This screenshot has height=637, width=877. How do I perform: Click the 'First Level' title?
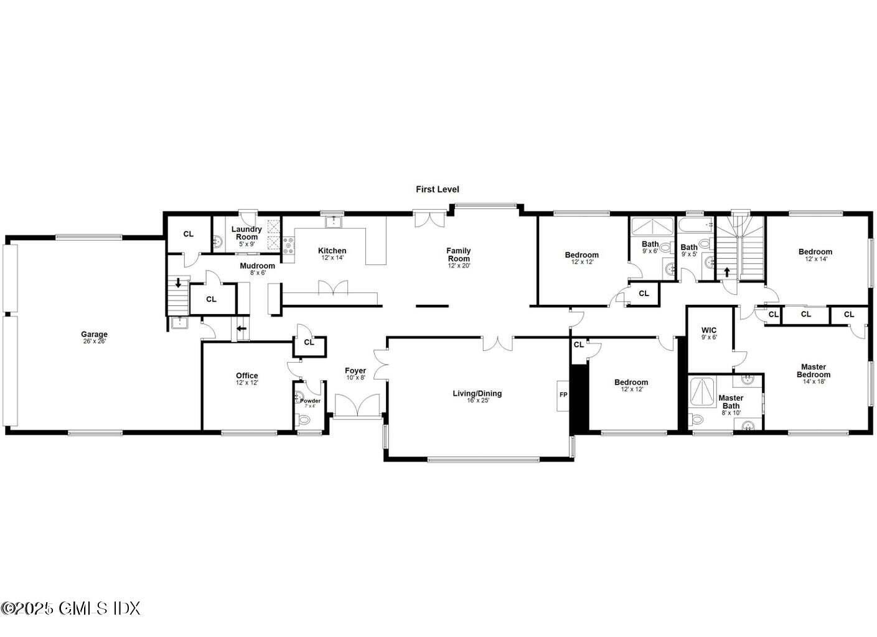(x=438, y=189)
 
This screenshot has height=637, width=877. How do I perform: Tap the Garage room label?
(x=94, y=335)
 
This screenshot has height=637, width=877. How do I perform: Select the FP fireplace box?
(x=563, y=395)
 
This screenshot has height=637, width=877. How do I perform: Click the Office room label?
(x=246, y=376)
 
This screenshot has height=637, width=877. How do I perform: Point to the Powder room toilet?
(x=304, y=420)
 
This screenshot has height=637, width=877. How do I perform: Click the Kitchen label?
(x=332, y=251)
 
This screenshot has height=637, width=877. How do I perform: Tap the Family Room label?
(x=458, y=254)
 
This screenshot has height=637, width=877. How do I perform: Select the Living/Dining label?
(x=477, y=393)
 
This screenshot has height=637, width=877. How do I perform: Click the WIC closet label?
(x=709, y=330)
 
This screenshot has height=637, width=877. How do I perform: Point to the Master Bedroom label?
(x=814, y=371)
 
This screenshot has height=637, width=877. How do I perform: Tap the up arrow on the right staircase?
(x=726, y=272)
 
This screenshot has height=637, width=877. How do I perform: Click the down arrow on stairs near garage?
(x=179, y=283)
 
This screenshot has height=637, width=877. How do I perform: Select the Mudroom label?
(x=257, y=266)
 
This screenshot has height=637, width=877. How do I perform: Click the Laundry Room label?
(x=246, y=233)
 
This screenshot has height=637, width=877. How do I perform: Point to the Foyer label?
(x=355, y=371)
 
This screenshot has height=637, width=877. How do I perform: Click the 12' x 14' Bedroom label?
(x=815, y=252)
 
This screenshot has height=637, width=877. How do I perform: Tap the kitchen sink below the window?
(x=334, y=221)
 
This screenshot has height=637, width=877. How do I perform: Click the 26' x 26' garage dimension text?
(x=94, y=342)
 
